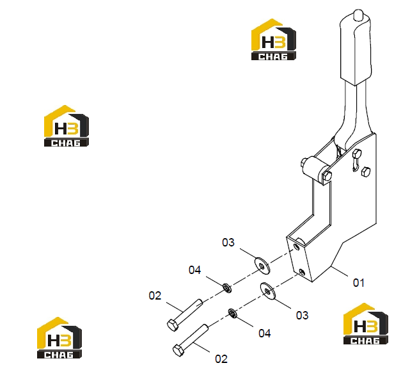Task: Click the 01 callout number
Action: click(x=358, y=282)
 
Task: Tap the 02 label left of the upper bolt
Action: click(x=155, y=296)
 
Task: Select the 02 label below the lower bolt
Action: click(x=221, y=359)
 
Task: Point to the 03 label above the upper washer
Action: click(x=228, y=243)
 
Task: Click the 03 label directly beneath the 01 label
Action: click(x=302, y=316)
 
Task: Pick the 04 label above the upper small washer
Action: click(x=194, y=270)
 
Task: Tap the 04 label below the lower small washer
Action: click(x=264, y=334)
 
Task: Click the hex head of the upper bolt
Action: click(x=173, y=325)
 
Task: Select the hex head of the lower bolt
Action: click(x=178, y=350)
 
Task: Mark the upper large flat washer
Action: click(x=262, y=266)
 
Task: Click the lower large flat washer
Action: click(x=268, y=291)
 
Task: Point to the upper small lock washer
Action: click(x=227, y=288)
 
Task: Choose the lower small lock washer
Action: click(x=233, y=313)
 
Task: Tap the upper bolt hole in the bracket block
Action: click(x=296, y=246)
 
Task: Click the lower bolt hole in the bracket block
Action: click(x=302, y=272)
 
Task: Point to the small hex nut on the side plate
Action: click(x=366, y=172)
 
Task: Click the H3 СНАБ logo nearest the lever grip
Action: click(x=274, y=39)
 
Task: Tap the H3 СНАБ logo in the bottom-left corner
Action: click(x=59, y=337)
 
